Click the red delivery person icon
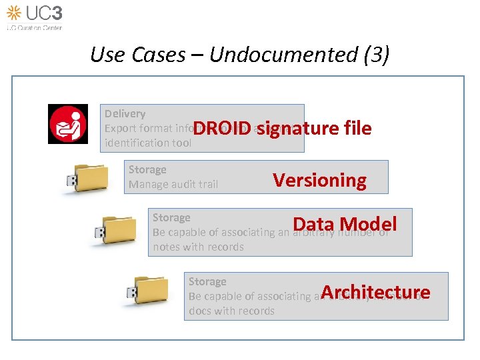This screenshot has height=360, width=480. point(67,124)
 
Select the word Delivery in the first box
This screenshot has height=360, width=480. point(125,113)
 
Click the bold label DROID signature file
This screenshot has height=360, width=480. point(283,128)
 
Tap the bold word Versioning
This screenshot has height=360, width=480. point(320,180)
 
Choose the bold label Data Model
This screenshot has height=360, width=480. point(345,224)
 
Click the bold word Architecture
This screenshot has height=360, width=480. point(375,292)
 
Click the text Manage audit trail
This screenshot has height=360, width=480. point(173,184)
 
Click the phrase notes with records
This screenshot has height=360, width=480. point(198,247)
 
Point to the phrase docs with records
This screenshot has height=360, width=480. point(231,311)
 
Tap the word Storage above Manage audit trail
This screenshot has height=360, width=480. point(147,169)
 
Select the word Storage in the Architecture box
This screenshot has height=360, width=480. point(207,281)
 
